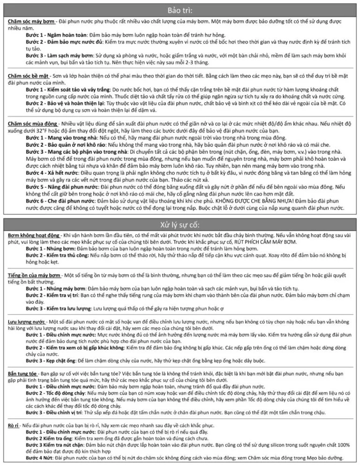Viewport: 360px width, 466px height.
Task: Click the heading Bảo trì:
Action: [x=180, y=10]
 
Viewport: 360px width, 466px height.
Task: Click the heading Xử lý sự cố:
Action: [x=180, y=222]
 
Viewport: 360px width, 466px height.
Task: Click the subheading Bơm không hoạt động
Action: [x=34, y=234]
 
